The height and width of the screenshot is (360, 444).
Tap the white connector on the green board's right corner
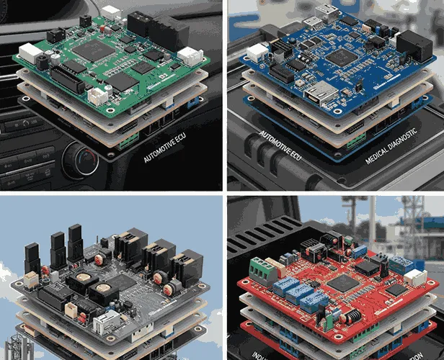click(190, 55)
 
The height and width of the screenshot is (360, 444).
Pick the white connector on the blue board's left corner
click(257, 52)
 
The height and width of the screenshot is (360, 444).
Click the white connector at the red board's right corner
click(414, 278)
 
